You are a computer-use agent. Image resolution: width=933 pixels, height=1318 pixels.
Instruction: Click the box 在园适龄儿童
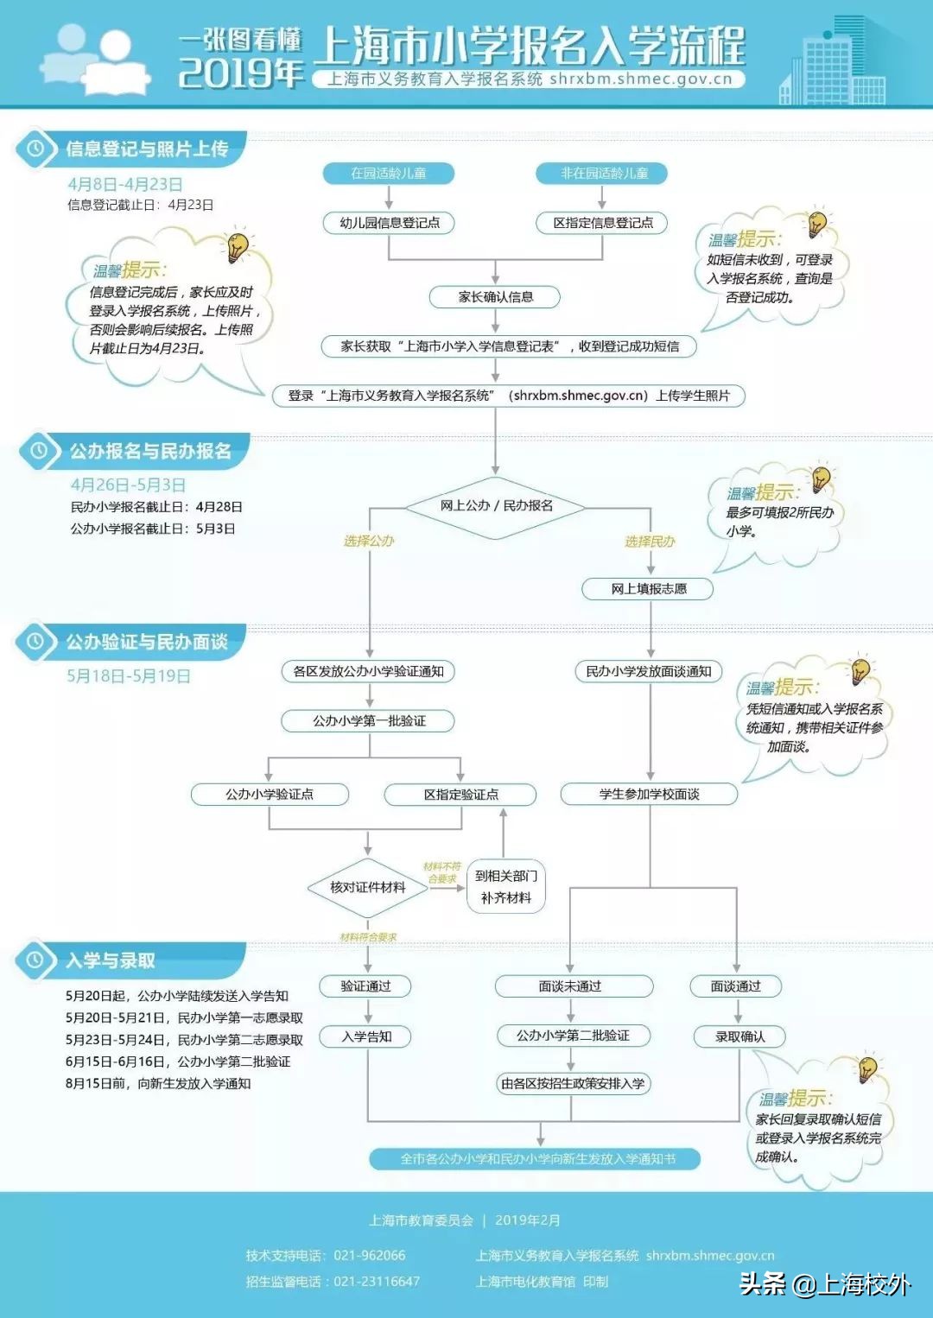coord(388,174)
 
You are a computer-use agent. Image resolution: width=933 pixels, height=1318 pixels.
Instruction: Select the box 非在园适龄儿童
coord(603,174)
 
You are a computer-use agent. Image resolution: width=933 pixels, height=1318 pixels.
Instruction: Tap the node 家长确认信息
coord(495,297)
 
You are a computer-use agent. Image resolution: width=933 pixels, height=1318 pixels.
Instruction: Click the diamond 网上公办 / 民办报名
coord(496,506)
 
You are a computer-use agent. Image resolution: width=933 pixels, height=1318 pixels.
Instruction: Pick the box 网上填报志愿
coord(649,589)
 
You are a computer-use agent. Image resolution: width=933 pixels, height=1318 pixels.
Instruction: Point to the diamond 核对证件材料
coord(368,887)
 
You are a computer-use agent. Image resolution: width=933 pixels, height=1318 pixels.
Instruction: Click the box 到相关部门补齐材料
coord(505,887)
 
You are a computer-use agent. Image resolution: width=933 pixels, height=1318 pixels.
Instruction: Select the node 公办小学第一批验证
coord(369,720)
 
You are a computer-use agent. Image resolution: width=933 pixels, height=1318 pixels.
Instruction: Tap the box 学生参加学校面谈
coord(650,794)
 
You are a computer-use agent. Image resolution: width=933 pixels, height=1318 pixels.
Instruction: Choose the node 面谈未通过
coord(570,986)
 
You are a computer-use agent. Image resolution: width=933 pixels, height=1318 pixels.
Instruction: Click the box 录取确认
coord(739,1036)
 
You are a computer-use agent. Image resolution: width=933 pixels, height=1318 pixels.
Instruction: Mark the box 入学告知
coord(366,1036)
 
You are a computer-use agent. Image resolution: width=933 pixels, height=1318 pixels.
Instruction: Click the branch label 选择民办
coord(650,542)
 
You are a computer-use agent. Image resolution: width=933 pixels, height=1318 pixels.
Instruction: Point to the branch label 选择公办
coord(369,541)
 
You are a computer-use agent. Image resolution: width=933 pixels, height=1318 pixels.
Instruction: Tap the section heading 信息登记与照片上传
coord(148,149)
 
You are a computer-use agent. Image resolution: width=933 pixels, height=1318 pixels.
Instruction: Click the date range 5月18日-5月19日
coord(129,675)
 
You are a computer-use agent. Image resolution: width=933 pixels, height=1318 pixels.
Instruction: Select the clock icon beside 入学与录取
coord(35,960)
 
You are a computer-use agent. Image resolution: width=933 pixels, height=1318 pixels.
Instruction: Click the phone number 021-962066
coord(369,1255)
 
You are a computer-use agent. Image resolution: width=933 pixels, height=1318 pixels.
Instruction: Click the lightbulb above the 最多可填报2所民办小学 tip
coord(820,478)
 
